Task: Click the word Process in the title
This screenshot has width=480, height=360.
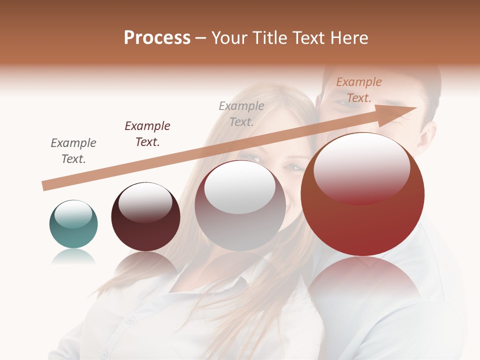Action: [x=157, y=37]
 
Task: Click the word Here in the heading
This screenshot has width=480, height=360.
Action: [x=348, y=37]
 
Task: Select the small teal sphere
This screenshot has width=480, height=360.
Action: [x=73, y=224]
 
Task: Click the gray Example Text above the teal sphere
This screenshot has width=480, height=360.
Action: [x=73, y=151]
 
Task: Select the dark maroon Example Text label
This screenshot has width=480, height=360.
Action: [x=147, y=134]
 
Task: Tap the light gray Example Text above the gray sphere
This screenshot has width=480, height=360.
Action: [x=241, y=113]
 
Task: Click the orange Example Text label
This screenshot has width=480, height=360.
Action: [x=359, y=90]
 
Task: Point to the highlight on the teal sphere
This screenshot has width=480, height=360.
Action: [x=73, y=214]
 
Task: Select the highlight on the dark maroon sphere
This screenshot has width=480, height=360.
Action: [x=145, y=201]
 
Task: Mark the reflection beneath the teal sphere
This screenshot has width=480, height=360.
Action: [x=73, y=256]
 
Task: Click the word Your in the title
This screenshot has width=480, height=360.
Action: [x=230, y=38]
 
